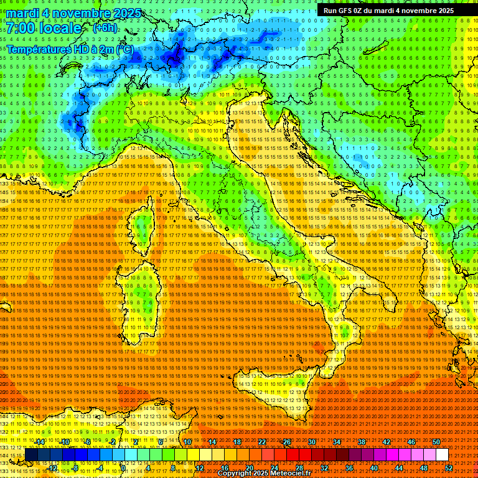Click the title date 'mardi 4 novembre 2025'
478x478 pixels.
point(74,13)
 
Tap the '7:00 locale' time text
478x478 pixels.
point(44,28)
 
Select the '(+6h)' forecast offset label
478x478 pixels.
point(105,28)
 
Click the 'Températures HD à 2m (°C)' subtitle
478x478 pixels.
point(70,49)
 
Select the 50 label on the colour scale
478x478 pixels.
point(436,442)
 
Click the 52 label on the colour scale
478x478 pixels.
point(448,467)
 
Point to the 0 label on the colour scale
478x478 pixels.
point(124,467)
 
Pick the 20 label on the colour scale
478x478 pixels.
point(249,467)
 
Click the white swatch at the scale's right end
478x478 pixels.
point(442,454)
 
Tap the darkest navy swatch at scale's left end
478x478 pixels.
point(31,454)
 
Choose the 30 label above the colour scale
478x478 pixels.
point(311,442)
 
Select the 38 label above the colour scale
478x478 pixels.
point(361,442)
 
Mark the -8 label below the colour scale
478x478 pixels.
point(75,467)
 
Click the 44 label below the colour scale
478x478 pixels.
point(398,467)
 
